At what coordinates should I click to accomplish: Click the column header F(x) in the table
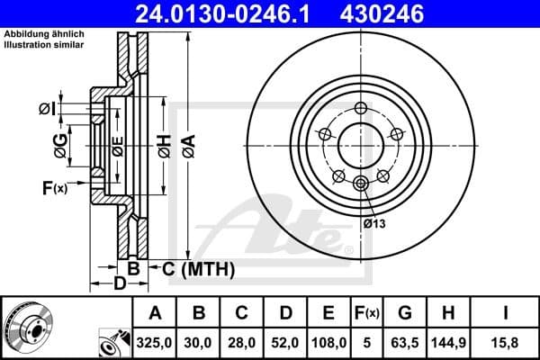pyautogui.click(x=366, y=313)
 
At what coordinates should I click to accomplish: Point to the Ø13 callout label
pyautogui.click(x=374, y=224)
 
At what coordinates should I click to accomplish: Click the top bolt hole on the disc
pyautogui.click(x=361, y=109)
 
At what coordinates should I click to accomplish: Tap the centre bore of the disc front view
pyautogui.click(x=361, y=144)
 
